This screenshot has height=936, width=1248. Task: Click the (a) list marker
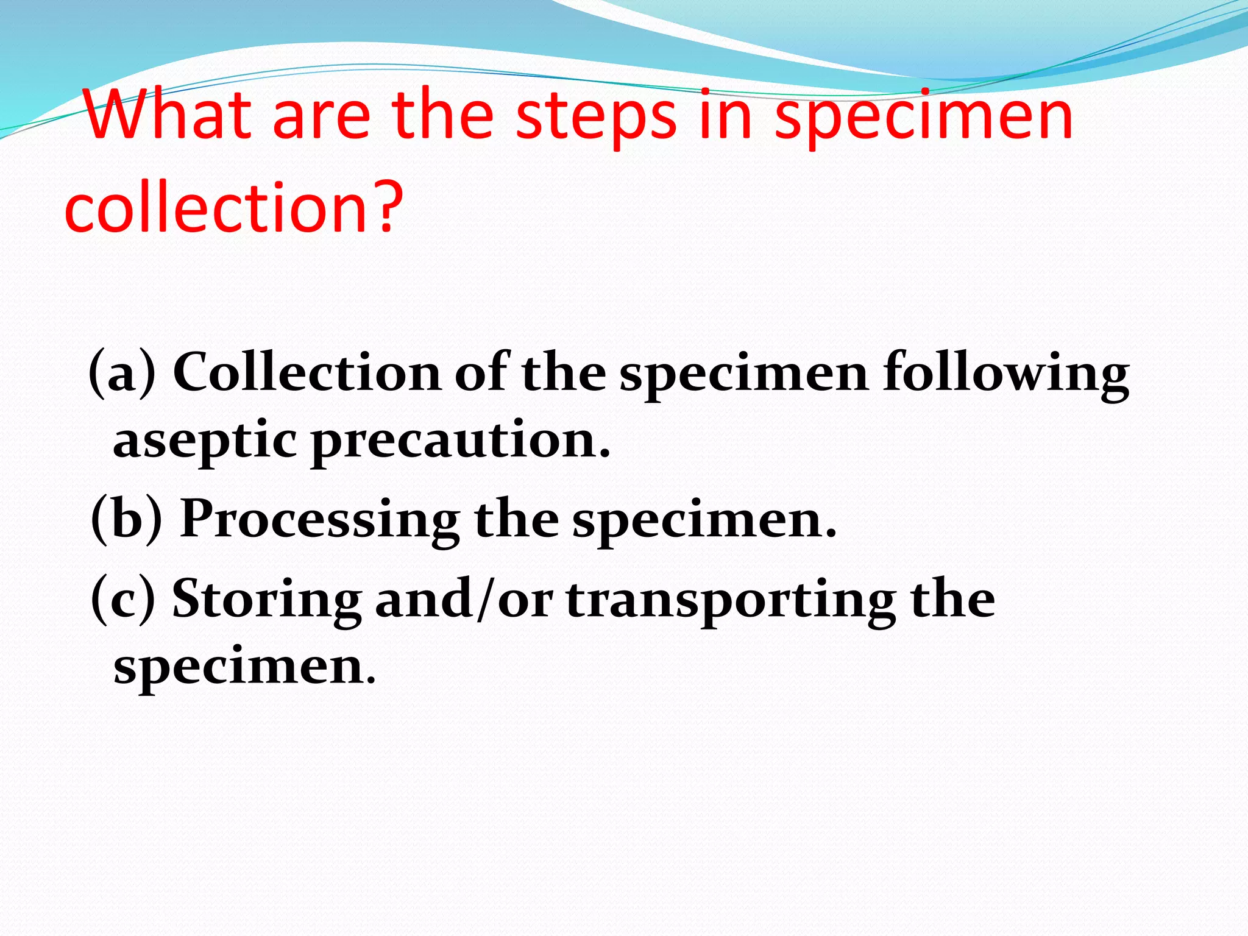[122, 372]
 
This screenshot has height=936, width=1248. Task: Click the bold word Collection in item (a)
[307, 372]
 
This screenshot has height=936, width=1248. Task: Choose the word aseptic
[205, 441]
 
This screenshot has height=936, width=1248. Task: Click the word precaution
[460, 441]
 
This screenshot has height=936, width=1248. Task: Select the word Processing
[320, 520]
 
